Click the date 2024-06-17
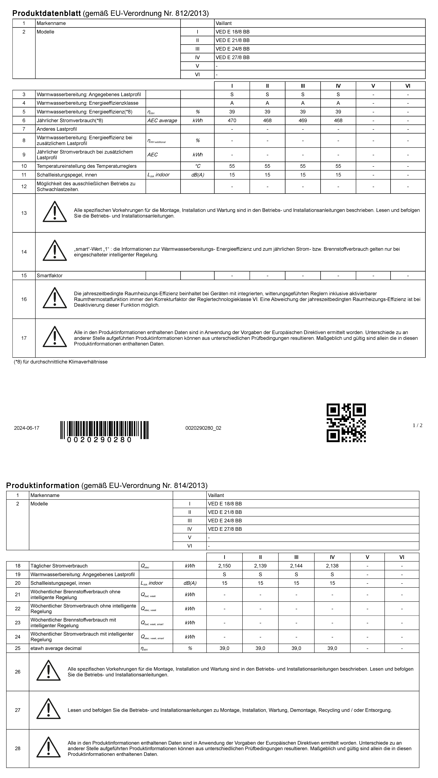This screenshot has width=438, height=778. (27, 428)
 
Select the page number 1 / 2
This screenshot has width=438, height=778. (417, 425)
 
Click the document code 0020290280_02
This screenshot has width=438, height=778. (203, 428)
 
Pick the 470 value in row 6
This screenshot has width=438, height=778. (232, 120)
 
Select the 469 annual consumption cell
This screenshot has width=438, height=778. (303, 120)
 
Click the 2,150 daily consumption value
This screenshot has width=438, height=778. (224, 566)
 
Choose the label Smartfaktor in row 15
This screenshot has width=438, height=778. (50, 275)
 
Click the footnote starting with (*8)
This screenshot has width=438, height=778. (60, 361)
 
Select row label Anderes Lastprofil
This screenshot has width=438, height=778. (57, 129)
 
